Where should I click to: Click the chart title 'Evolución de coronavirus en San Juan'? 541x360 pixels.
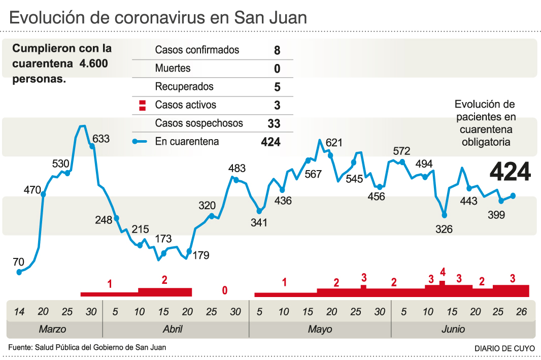[x=158, y=18]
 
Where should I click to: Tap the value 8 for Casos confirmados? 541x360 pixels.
[x=277, y=50]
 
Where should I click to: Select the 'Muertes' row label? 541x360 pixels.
[x=173, y=69]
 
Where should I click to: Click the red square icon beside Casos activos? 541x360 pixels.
[x=143, y=106]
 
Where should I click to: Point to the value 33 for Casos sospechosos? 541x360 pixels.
[x=274, y=123]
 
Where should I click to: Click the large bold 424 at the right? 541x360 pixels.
[x=510, y=172]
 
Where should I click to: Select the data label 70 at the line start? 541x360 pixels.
[x=18, y=262]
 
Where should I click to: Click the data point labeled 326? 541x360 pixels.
[x=445, y=215]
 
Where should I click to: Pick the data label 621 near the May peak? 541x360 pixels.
[x=334, y=143]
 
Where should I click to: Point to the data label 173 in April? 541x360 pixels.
[x=163, y=239]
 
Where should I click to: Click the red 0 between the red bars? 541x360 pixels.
[x=224, y=290]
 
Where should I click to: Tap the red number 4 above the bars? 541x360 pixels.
[x=443, y=272]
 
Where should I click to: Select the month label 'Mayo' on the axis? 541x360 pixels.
[x=320, y=329]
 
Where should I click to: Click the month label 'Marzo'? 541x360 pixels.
[x=52, y=329]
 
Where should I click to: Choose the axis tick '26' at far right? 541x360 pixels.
[x=521, y=311]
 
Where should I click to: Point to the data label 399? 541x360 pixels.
[x=496, y=215]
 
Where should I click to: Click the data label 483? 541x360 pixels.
[x=237, y=169]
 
